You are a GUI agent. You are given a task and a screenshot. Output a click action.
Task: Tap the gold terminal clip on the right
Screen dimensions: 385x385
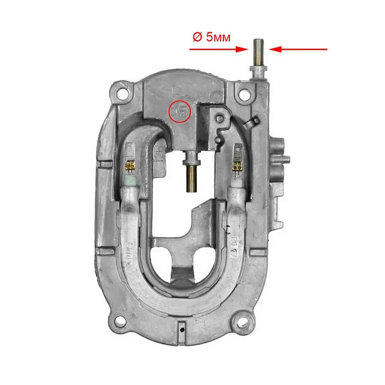238,164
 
